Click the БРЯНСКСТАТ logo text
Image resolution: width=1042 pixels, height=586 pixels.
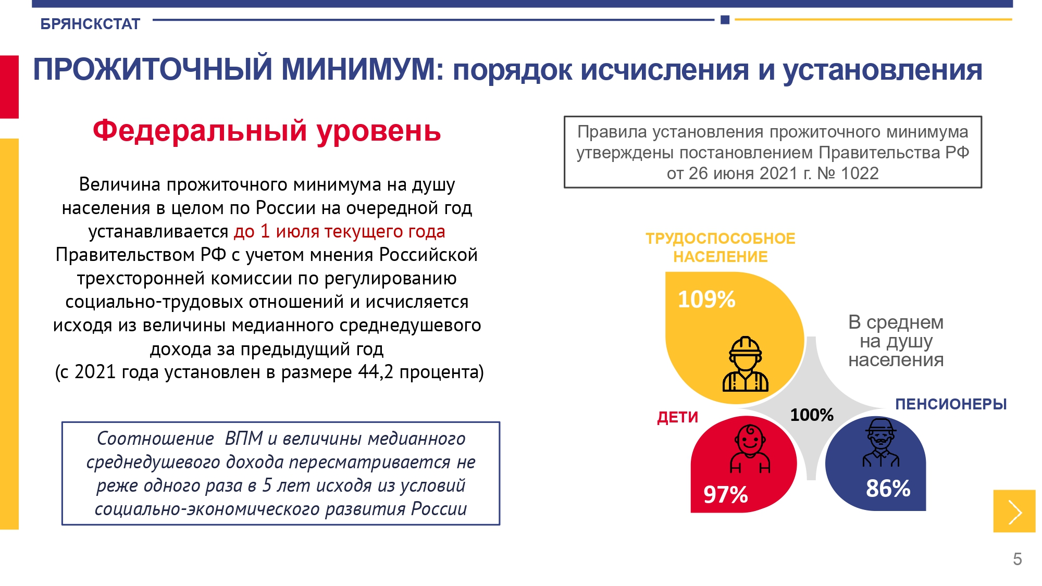point(90,24)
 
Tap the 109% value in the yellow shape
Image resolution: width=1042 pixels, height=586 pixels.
point(706,300)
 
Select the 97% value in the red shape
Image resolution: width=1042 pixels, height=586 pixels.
point(726,494)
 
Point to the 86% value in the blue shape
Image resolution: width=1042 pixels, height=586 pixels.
point(888,489)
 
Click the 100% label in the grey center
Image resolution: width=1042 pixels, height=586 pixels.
point(812,415)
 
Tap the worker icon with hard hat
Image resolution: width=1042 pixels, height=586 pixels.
point(746,364)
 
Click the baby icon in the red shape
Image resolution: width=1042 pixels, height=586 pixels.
point(750,448)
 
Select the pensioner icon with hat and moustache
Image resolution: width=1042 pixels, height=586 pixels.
point(880,442)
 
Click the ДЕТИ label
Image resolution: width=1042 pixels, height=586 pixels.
point(677,417)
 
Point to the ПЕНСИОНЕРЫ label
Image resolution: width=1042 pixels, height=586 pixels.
point(951,404)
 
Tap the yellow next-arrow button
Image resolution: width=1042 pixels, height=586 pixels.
point(1014,511)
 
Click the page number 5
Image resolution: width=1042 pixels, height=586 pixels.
point(1018,559)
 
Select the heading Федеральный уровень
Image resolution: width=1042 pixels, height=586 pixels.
point(267,131)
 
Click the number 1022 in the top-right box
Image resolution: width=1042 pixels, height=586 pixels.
point(860,173)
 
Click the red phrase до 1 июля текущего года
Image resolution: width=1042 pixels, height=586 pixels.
point(340,231)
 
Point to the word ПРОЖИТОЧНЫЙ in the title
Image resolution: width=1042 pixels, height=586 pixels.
point(153,69)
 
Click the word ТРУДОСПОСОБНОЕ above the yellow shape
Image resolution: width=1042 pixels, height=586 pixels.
point(721,239)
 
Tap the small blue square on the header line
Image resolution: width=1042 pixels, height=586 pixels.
point(725,20)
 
